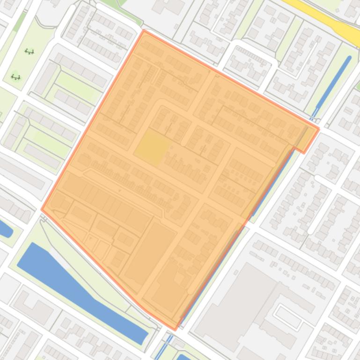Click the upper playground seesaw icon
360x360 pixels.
(29, 52)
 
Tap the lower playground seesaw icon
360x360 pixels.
(15, 77)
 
